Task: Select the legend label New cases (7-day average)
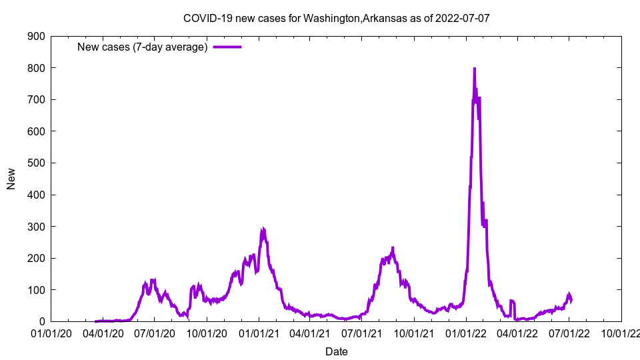tap(142, 47)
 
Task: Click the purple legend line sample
tap(227, 47)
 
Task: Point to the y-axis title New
tap(11, 179)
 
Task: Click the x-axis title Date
tap(336, 351)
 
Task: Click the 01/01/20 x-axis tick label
tap(51, 333)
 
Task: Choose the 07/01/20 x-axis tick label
tap(154, 333)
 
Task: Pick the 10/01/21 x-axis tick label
tap(414, 333)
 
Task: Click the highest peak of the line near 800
tap(474, 69)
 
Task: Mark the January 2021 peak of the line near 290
tap(263, 229)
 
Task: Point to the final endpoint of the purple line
tap(571, 299)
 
